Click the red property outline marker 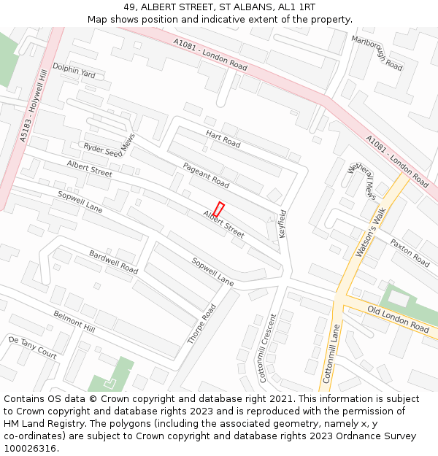(x=218, y=209)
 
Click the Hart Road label (x=223, y=139)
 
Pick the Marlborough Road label (x=377, y=53)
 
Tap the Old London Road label (x=398, y=319)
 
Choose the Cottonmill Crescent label (x=268, y=349)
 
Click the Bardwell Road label (x=113, y=262)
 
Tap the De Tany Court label (x=33, y=347)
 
